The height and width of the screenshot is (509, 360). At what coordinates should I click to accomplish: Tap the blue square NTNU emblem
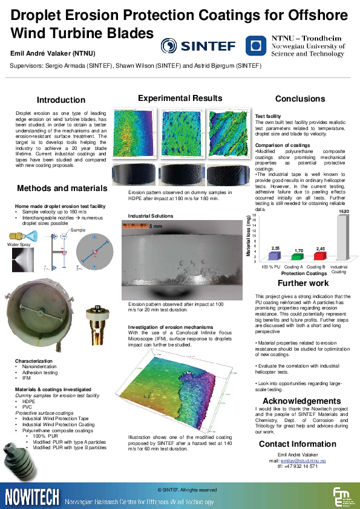(x=257, y=45)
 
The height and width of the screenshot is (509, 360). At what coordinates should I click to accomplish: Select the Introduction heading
(x=61, y=100)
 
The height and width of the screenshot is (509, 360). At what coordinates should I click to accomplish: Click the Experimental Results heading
(x=180, y=98)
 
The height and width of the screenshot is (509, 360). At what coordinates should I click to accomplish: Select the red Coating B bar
(x=320, y=256)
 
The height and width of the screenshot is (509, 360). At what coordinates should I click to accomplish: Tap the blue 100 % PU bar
(x=275, y=256)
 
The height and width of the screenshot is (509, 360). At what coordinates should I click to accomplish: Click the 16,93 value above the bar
(x=344, y=212)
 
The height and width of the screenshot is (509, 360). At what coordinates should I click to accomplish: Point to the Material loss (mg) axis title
(x=249, y=236)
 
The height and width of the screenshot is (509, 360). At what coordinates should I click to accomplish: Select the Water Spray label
(x=18, y=244)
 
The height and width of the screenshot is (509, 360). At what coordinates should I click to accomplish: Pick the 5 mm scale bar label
(x=173, y=225)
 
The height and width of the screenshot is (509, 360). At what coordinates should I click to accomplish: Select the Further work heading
(x=303, y=283)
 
